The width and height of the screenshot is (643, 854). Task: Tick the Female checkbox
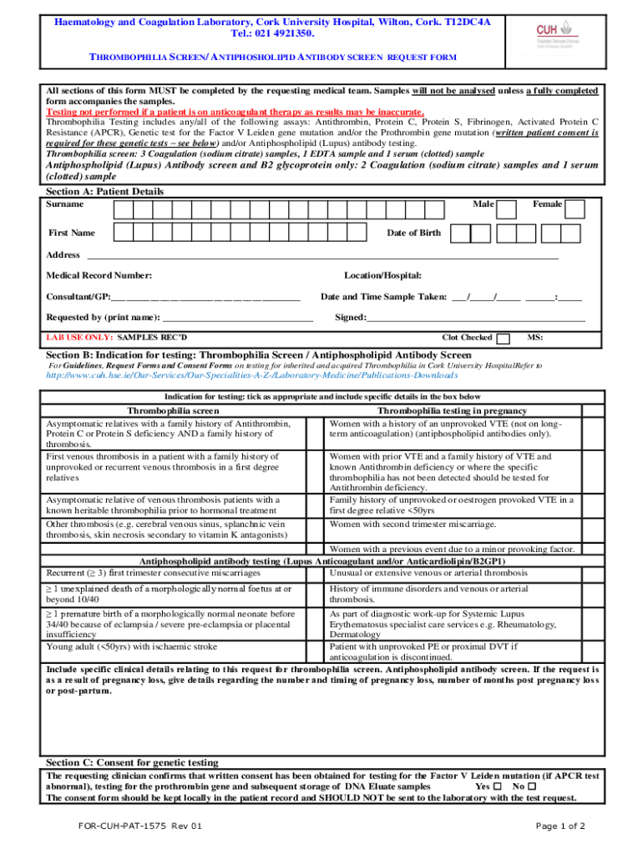tap(575, 208)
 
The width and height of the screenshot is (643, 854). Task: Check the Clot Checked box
tap(504, 339)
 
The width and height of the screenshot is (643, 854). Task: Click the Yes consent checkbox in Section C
tap(498, 786)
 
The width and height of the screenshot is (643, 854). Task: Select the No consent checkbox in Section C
tap(532, 786)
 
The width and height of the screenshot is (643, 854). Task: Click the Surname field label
tap(65, 204)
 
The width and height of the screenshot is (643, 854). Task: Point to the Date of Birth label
tap(413, 233)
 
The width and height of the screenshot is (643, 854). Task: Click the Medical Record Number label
tap(99, 275)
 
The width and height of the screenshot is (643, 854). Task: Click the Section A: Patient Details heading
tap(104, 191)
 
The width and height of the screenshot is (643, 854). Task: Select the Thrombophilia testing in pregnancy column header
tap(452, 411)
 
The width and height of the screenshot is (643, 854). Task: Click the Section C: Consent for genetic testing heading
tap(132, 762)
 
